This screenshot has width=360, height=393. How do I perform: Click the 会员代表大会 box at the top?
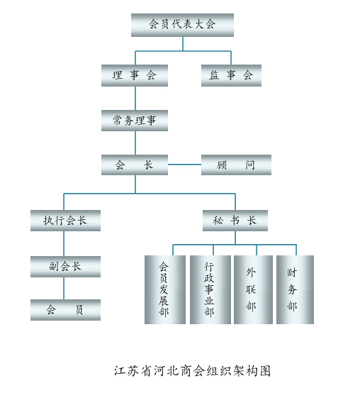[182, 25]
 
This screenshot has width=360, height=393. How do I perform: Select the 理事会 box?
[135, 75]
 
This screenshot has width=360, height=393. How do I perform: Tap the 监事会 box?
[231, 75]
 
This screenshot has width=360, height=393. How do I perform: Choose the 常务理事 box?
[135, 121]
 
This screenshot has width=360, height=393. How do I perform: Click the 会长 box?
[135, 165]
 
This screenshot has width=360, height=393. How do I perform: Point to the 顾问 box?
[236, 165]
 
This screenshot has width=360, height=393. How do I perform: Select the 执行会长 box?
[65, 221]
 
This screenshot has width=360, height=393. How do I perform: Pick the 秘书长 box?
[235, 221]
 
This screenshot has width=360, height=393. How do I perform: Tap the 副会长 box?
[65, 267]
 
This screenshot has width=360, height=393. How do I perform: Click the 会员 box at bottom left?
[65, 310]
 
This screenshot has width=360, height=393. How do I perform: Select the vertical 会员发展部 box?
[165, 289]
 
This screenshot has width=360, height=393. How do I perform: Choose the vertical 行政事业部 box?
[210, 289]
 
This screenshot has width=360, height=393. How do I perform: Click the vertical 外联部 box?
[253, 289]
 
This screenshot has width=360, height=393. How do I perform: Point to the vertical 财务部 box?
[295, 289]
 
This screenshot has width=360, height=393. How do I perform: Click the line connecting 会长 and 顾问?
[184, 165]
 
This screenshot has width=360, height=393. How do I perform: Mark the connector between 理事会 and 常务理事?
[135, 98]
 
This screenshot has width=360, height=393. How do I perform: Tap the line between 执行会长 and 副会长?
[64, 243]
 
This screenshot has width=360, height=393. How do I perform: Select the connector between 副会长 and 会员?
[64, 288]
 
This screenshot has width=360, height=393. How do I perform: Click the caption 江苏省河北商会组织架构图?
[192, 371]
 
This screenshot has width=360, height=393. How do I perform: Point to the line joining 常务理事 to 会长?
[135, 143]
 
